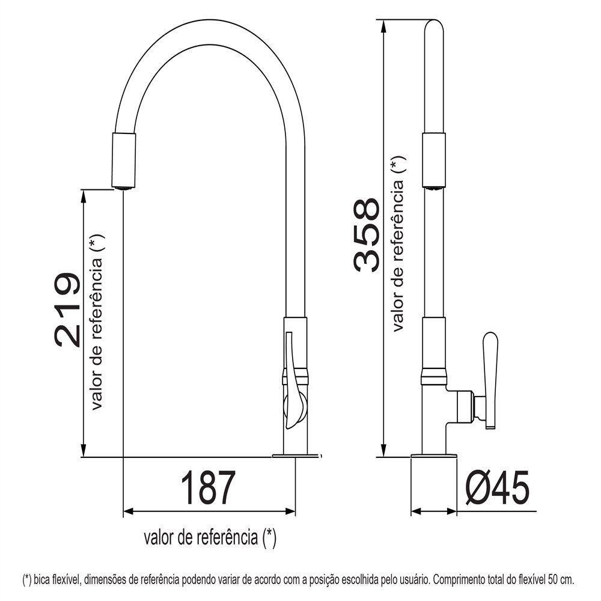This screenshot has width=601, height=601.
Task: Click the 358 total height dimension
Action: tap(367, 234)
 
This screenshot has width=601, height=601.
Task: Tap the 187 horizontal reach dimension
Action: tap(207, 488)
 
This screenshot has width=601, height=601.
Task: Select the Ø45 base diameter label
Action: tap(497, 488)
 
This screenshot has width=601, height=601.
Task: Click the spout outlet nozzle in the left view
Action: tap(123, 160)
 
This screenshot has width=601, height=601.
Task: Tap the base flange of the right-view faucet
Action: tap(433, 456)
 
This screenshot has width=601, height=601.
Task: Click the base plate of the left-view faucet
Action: tap(296, 456)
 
